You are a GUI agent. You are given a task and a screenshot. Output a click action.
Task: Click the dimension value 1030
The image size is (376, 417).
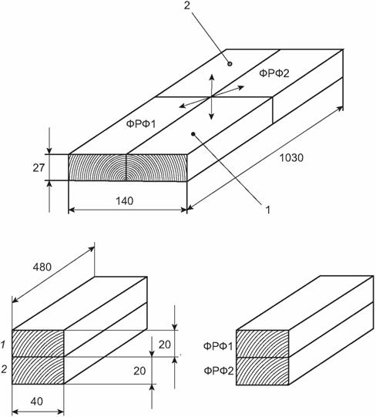click(x=291, y=158)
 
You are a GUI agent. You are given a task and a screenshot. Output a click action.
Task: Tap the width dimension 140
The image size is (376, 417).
click(x=125, y=201)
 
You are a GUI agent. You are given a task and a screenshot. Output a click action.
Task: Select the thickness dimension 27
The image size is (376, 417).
click(x=39, y=168)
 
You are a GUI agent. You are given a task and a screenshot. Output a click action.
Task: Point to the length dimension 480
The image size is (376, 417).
click(x=42, y=267)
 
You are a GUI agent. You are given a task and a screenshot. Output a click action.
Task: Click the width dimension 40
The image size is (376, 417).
click(x=37, y=402)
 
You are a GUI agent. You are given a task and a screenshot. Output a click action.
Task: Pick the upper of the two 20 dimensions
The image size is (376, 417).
click(x=165, y=345)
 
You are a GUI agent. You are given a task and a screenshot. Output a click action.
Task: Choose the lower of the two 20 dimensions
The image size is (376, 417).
click(x=139, y=371)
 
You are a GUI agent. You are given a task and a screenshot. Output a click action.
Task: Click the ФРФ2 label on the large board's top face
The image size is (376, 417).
click(x=274, y=73)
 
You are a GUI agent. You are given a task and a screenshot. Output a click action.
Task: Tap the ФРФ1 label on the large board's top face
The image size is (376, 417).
click(x=141, y=124)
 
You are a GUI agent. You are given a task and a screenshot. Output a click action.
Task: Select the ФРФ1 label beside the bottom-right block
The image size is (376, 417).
click(x=218, y=346)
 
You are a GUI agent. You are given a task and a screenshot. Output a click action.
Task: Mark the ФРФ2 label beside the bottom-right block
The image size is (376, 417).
click(x=219, y=371)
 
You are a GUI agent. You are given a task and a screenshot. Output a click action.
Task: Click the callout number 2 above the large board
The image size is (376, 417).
click(x=187, y=6)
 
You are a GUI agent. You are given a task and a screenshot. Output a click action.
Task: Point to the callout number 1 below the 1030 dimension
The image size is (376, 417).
click(x=268, y=210)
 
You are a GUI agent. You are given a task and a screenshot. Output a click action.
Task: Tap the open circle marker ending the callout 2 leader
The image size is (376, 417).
click(x=230, y=64)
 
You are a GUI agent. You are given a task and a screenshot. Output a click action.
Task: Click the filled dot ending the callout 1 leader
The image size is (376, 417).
click(x=193, y=134)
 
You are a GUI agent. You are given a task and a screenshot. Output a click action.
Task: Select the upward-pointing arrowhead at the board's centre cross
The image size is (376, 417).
click(x=212, y=77)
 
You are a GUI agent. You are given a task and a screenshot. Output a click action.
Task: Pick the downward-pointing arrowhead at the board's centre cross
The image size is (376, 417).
click(x=211, y=116)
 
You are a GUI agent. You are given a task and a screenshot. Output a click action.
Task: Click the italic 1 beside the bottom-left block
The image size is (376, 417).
click(x=3, y=345)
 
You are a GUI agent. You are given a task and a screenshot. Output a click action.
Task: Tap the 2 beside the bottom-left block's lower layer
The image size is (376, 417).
click(x=4, y=369)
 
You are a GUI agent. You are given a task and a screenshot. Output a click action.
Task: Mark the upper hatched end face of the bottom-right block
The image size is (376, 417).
click(x=263, y=344)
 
